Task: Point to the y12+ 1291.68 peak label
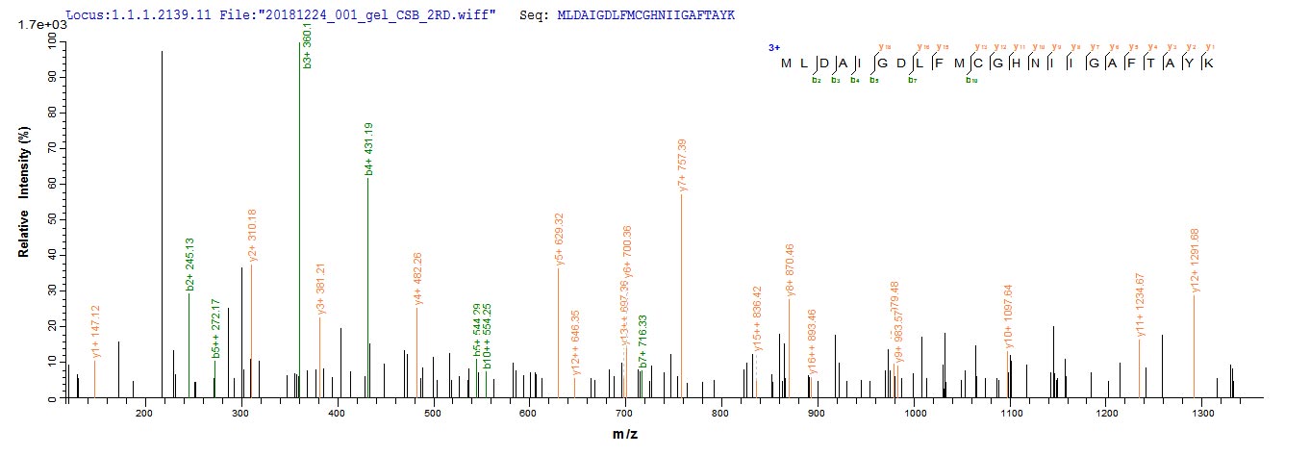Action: pyautogui.click(x=1196, y=260)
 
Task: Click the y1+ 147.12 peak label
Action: pyautogui.click(x=95, y=332)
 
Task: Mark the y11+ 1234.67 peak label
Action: pyautogui.click(x=1141, y=306)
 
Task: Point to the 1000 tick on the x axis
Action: pyautogui.click(x=915, y=414)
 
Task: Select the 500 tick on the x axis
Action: pyautogui.click(x=433, y=414)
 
